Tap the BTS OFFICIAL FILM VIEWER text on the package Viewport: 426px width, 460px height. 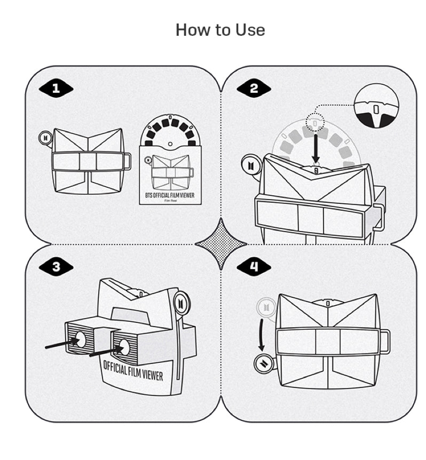[170, 196]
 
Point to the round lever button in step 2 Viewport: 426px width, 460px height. [250, 165]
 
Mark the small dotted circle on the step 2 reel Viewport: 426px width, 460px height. [317, 122]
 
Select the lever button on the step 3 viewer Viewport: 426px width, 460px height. [183, 302]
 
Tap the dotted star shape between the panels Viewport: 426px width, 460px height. [220, 244]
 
